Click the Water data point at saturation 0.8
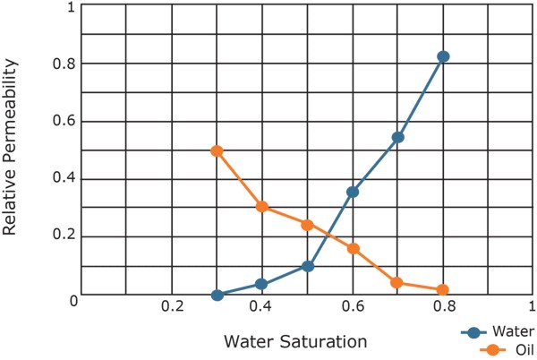[442, 56]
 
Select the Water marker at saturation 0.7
[397, 138]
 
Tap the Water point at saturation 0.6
[353, 192]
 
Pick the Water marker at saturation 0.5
[308, 266]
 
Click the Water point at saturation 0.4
[261, 284]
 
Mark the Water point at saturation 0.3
[217, 295]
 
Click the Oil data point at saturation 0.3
[217, 151]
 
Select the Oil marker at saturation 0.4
[261, 207]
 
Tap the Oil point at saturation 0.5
[307, 225]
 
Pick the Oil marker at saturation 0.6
[353, 248]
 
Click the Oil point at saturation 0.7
[397, 283]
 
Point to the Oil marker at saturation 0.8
[442, 290]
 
